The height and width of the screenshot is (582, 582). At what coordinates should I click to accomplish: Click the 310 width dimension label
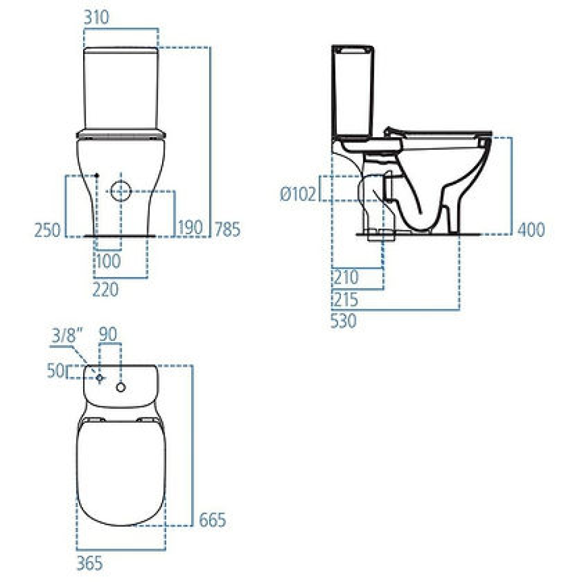tap(96, 18)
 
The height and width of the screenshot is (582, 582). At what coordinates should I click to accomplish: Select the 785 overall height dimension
tap(227, 229)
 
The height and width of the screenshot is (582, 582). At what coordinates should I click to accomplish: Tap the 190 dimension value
tap(191, 229)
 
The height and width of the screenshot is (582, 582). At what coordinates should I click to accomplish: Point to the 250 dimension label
tap(48, 230)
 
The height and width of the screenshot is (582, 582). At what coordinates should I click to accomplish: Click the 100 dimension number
tap(107, 260)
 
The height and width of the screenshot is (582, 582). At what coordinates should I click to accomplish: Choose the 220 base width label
tap(106, 289)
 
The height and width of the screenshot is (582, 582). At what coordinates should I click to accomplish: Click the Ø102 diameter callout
tap(298, 194)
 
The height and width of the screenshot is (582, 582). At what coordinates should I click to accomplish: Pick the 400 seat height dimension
tap(530, 230)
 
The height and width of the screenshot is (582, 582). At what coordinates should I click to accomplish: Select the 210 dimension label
tap(345, 277)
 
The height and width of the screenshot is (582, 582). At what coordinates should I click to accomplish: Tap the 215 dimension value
tap(345, 299)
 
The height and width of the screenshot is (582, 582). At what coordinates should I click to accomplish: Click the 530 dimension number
tap(345, 321)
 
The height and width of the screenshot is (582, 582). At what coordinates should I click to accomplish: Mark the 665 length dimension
tap(213, 520)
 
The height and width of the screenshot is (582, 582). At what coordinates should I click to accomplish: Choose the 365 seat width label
tap(90, 561)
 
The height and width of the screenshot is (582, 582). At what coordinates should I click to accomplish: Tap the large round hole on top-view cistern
tap(121, 387)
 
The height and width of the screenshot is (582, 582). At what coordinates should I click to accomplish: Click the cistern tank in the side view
tap(353, 89)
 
